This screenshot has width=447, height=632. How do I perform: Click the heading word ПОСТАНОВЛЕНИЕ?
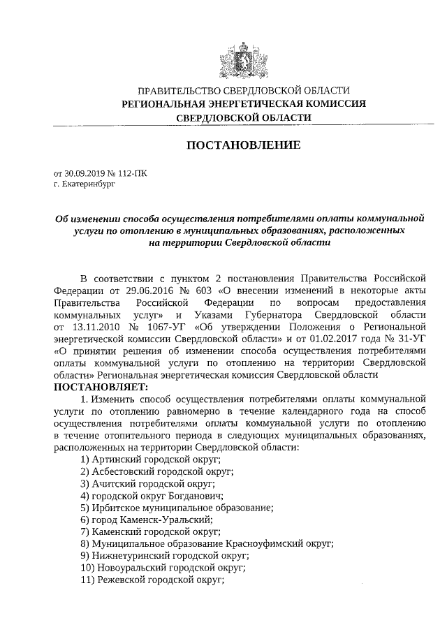(243, 145)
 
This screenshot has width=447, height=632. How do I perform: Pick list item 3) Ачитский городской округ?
(147, 483)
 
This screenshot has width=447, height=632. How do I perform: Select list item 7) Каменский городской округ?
(151, 531)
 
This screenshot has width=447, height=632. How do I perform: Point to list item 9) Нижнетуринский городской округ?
(165, 556)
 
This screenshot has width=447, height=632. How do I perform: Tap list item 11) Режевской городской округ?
(154, 580)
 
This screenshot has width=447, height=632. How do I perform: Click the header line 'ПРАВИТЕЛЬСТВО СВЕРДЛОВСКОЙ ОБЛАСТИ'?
(243, 91)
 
